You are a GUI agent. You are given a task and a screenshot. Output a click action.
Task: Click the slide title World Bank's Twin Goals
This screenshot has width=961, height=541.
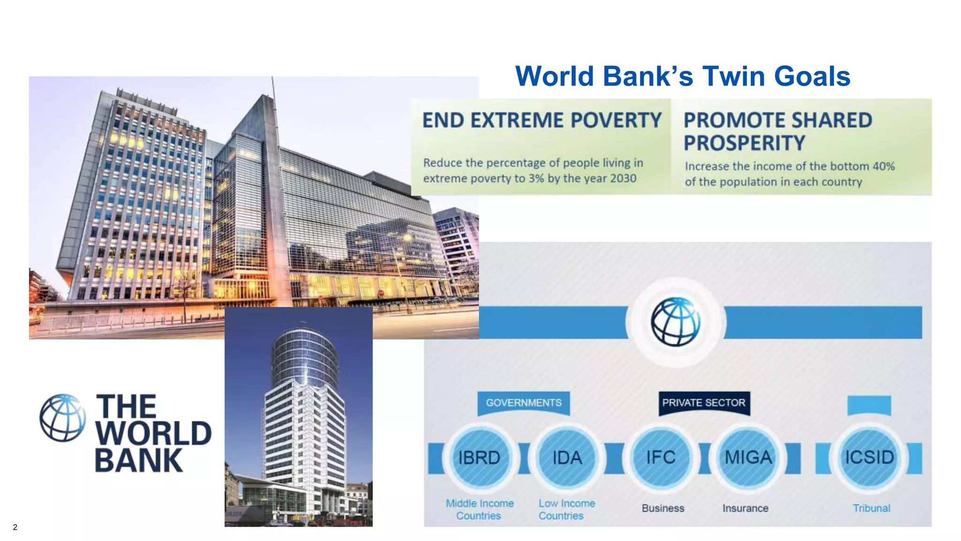pos(682,76)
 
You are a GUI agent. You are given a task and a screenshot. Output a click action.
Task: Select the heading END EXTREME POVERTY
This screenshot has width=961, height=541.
pos(542,120)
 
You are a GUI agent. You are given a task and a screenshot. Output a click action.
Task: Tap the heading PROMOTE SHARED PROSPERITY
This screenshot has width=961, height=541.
pos(777,131)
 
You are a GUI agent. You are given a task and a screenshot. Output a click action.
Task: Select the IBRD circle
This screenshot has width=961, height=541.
pos(479,457)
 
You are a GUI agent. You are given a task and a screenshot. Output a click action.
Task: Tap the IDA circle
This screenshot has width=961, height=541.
pos(567,457)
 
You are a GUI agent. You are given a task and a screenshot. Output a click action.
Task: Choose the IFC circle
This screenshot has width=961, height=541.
pos(661,457)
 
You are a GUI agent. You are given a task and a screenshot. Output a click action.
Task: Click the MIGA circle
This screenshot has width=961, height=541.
pos(748,457)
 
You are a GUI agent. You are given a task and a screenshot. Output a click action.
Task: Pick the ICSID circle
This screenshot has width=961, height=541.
pos(869,457)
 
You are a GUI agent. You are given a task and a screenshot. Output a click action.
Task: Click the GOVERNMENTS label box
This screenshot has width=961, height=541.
pos(524,403)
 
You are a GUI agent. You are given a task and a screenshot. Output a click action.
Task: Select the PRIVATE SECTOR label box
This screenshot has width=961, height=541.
pos(703,403)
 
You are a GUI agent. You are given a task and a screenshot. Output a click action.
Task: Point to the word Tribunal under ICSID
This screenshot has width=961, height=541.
pos(871,508)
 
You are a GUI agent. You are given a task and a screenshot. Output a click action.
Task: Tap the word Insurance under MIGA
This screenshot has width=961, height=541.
pos(745,508)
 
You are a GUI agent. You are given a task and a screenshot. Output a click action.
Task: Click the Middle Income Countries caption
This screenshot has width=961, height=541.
pos(479,510)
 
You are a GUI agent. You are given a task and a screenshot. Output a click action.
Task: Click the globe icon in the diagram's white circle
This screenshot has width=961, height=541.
pos(675,322)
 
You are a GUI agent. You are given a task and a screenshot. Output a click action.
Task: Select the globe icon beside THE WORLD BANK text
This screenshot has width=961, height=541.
pos(62,417)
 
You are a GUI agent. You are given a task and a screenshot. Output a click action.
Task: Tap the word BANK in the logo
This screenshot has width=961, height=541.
pos(138,461)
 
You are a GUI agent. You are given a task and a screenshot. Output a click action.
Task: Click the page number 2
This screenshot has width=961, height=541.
pos(15,527)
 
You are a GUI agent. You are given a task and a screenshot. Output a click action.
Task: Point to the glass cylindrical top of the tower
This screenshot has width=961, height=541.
pos(304,357)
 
